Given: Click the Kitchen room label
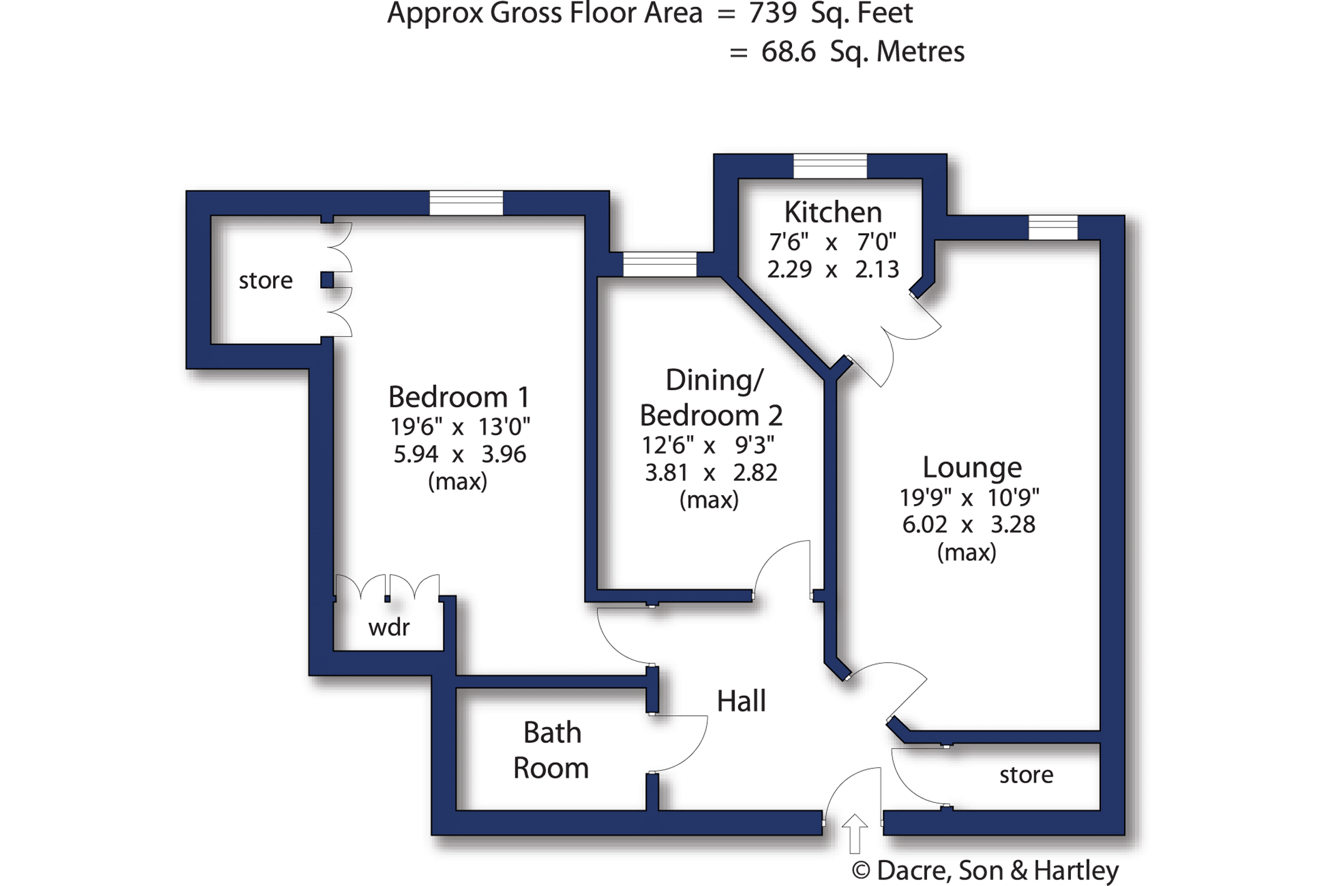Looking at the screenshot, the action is [x=833, y=213].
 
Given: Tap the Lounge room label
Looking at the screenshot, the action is [x=972, y=468].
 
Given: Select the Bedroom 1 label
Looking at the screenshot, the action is [x=459, y=397].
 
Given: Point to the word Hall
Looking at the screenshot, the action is [x=741, y=701].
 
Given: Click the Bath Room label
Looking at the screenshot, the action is [x=551, y=750].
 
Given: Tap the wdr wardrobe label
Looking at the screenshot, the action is [x=389, y=627].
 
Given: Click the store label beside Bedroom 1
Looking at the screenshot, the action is [x=266, y=281].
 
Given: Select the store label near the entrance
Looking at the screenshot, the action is [x=1026, y=775].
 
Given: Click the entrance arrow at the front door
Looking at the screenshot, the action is [x=855, y=834].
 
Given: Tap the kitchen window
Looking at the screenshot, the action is [x=830, y=166].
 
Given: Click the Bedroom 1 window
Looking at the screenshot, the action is [x=466, y=203].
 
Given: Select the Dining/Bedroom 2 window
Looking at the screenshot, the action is [x=659, y=264].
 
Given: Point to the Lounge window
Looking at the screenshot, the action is [x=1053, y=228].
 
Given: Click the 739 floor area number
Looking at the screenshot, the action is [x=773, y=13].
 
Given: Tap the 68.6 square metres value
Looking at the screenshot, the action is [x=788, y=52].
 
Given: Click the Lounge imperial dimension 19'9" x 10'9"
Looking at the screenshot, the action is [x=970, y=498].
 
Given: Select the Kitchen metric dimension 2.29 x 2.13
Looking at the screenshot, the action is [x=833, y=269].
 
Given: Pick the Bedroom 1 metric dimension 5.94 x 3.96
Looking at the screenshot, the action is [x=459, y=454].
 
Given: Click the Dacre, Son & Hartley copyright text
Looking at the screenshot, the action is [x=985, y=870].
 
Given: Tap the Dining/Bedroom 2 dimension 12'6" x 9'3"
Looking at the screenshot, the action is [x=708, y=445].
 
